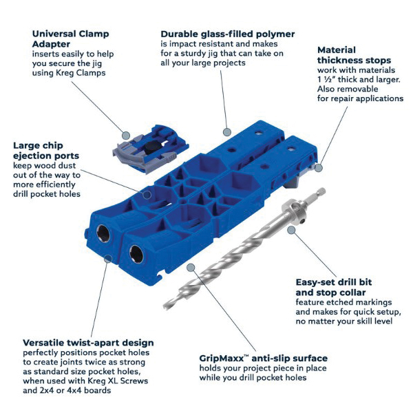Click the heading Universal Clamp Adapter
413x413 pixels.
[71, 39]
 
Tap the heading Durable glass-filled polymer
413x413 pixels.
[228, 34]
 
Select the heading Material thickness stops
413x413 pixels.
[354, 55]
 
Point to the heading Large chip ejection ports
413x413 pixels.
[46, 151]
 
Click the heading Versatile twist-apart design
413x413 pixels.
[88, 343]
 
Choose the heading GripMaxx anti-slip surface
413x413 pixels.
[264, 358]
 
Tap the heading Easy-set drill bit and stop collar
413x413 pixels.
[334, 287]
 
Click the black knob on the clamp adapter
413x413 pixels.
[151, 147]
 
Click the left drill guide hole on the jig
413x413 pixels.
[103, 233]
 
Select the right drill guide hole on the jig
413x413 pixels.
[136, 254]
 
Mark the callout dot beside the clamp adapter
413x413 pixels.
[126, 136]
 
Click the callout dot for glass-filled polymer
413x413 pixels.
[226, 132]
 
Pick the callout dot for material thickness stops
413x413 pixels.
[319, 168]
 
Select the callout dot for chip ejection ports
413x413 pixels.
[147, 195]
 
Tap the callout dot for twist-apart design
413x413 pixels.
[108, 259]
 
